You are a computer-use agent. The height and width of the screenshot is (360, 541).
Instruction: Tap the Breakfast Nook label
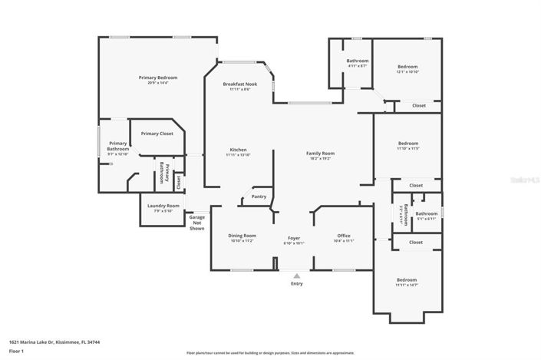click(239, 84)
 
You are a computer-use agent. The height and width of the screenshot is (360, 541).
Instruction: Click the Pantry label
click(259, 197)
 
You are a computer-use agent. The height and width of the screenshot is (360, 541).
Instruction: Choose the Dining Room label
click(242, 236)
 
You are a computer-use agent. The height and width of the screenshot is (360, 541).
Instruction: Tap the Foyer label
click(295, 237)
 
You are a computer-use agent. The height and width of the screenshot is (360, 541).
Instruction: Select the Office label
click(344, 236)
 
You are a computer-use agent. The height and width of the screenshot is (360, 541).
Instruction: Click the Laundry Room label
click(162, 206)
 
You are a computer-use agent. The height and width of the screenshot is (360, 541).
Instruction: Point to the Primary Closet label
click(157, 134)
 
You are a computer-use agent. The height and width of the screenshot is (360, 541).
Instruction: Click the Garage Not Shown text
click(197, 223)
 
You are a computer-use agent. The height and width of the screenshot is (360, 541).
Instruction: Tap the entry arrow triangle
click(296, 275)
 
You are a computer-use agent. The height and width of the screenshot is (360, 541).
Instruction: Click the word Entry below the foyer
click(296, 284)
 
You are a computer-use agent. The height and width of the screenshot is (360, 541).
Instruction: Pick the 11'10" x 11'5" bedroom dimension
click(407, 148)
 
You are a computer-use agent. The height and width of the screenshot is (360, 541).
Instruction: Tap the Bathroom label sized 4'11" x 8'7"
click(357, 66)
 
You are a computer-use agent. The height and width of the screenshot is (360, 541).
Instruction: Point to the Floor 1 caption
click(16, 351)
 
